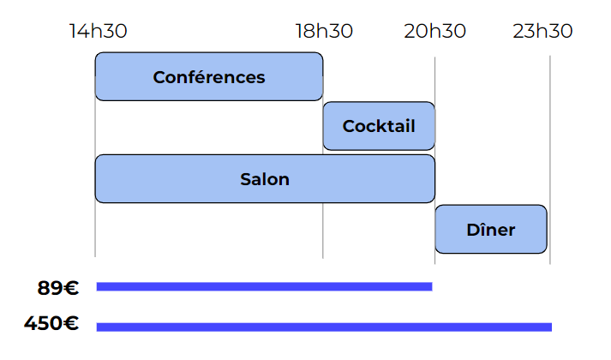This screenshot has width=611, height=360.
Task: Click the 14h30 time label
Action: click(x=99, y=32)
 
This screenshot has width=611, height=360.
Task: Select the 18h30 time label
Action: click(x=324, y=32)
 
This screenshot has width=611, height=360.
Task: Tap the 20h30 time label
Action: click(x=435, y=32)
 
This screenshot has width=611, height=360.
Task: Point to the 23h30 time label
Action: click(x=543, y=32)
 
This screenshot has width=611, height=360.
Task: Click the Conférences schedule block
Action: click(x=209, y=77)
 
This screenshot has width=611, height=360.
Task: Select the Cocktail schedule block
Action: click(x=379, y=126)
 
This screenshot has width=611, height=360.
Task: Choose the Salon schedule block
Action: click(x=265, y=179)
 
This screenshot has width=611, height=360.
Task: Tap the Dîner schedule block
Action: click(x=491, y=229)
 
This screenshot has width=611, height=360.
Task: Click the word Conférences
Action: click(x=209, y=77)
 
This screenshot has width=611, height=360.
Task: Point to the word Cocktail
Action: click(x=379, y=126)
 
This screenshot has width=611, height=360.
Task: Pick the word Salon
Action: click(x=265, y=179)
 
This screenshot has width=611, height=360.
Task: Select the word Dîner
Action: click(x=491, y=230)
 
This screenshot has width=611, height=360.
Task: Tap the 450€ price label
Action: click(x=52, y=324)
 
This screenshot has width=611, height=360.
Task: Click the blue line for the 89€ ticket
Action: click(x=264, y=286)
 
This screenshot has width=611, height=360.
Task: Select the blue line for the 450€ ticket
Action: click(x=324, y=327)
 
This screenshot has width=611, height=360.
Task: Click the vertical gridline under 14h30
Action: click(x=95, y=231)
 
